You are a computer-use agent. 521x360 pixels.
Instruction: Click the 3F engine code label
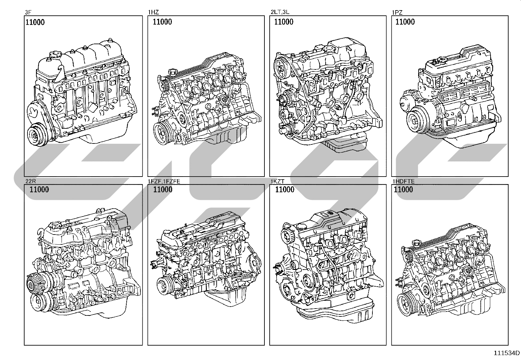click(28, 12)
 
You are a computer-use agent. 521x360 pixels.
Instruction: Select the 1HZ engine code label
click(153, 12)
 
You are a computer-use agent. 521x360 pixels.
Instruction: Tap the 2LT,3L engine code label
click(280, 12)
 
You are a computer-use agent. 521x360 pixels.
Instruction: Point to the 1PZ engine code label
click(397, 12)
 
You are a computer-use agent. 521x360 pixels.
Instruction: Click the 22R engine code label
click(31, 181)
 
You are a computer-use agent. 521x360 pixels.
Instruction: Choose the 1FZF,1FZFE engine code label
click(164, 181)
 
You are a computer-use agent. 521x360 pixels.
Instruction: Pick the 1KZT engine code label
click(277, 181)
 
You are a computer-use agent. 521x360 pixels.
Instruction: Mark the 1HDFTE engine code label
click(404, 181)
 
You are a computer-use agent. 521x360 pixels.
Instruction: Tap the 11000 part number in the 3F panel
click(35, 22)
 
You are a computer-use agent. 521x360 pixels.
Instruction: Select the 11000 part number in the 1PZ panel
click(405, 22)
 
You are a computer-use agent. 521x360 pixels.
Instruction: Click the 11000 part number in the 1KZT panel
click(285, 190)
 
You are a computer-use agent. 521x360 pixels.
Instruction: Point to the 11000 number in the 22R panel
click(39, 190)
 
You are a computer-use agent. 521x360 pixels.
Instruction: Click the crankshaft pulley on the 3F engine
click(36, 136)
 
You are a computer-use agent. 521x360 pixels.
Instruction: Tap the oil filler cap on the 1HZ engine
click(173, 71)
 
